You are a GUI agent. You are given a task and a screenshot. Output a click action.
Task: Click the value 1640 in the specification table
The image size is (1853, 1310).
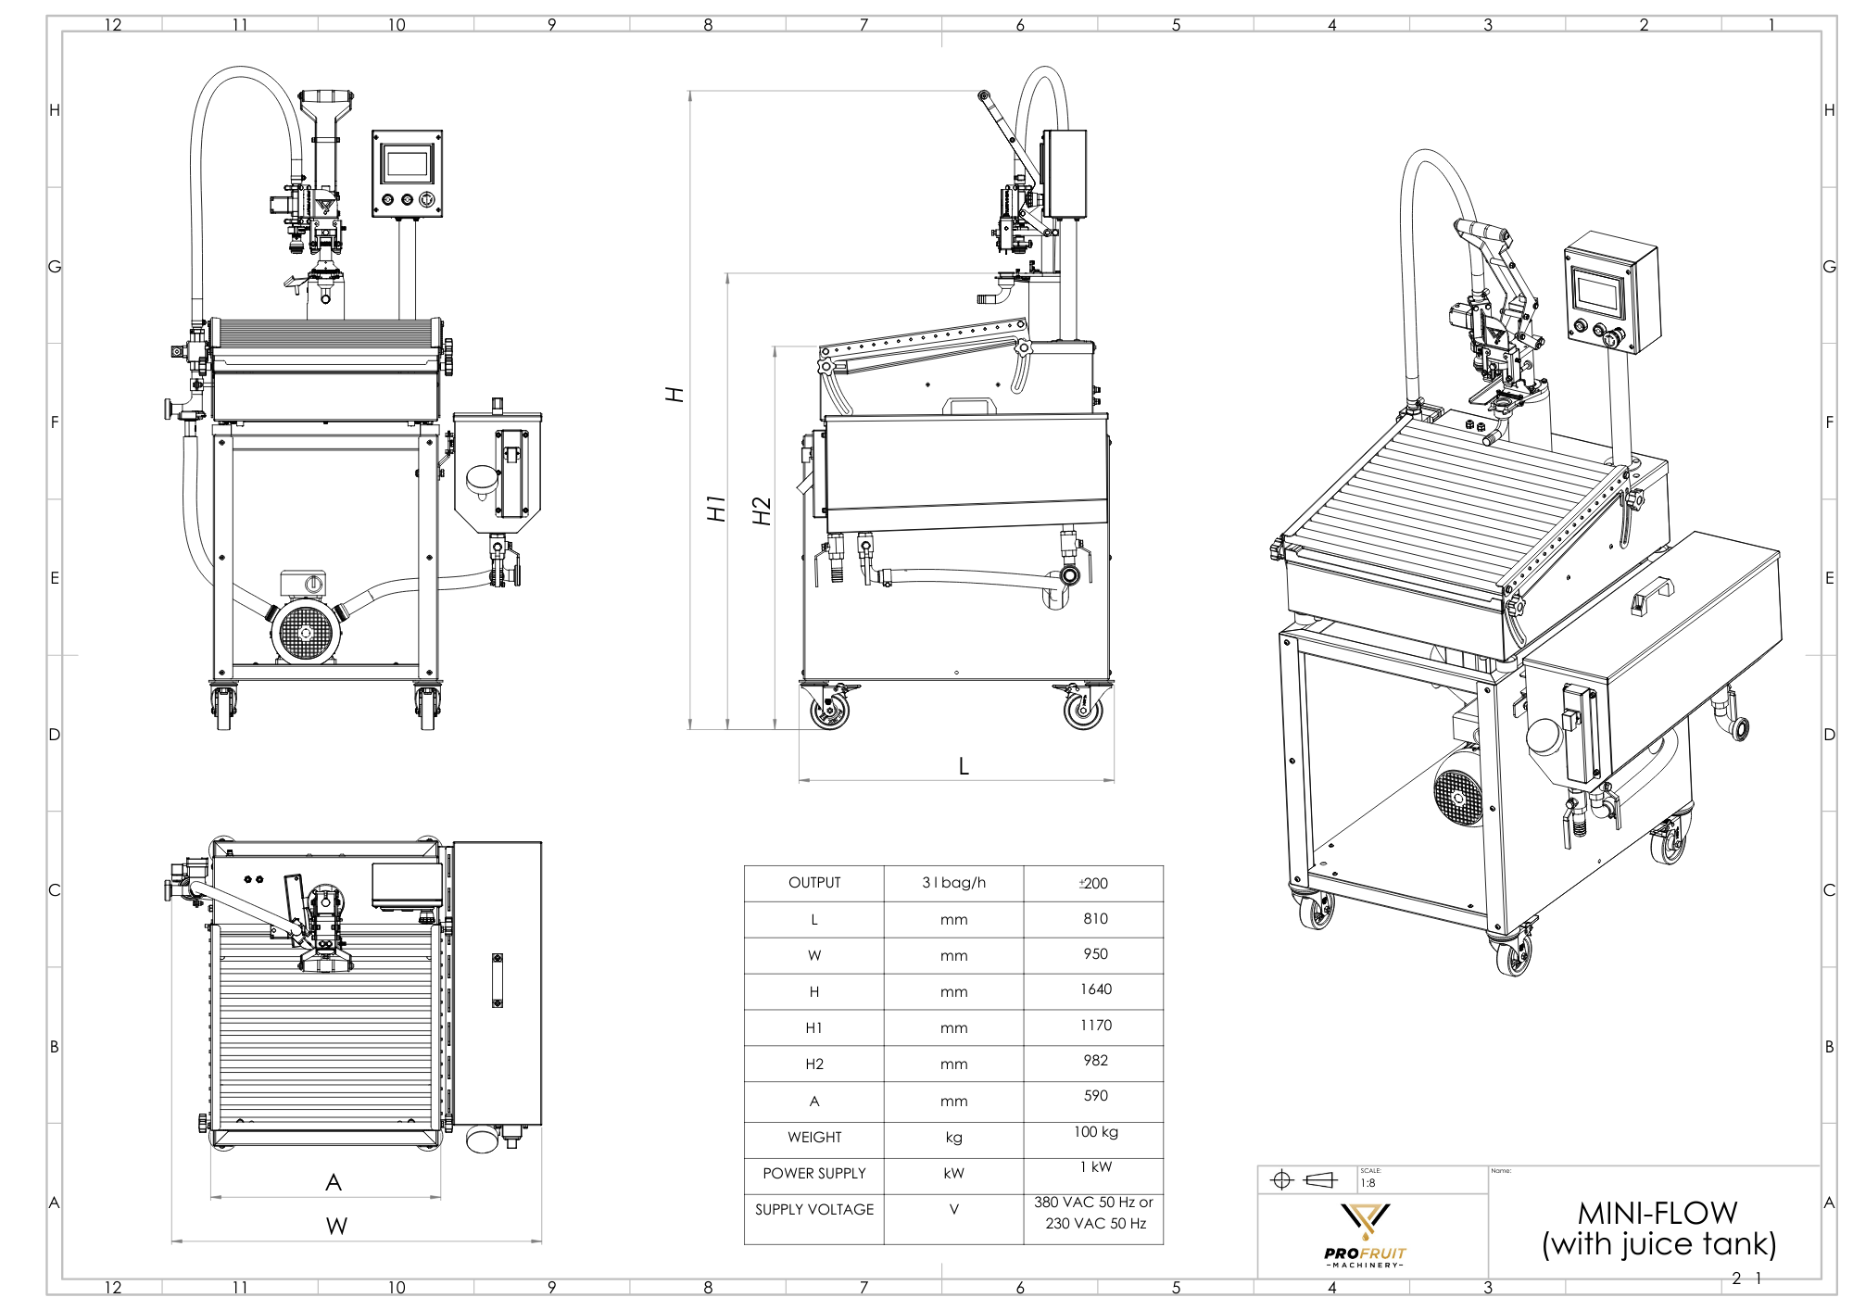[x=1095, y=989]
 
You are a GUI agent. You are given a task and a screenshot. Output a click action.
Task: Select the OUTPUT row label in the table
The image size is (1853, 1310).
[x=814, y=883]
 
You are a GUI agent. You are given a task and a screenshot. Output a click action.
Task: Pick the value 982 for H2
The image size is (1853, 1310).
[x=1095, y=1061]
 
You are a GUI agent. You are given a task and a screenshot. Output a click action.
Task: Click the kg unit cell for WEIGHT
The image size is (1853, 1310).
[x=953, y=1138]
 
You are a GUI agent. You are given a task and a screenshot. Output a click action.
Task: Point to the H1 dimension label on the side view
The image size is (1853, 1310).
[x=716, y=508]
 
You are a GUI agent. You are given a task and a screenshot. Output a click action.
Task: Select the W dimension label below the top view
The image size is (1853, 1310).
[x=336, y=1227]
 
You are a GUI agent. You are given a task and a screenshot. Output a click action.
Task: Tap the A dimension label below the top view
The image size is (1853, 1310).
[x=334, y=1182]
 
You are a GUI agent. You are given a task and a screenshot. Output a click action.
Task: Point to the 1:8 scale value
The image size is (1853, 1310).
[x=1368, y=1183]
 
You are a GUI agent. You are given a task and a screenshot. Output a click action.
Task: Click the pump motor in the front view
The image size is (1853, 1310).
[x=306, y=630]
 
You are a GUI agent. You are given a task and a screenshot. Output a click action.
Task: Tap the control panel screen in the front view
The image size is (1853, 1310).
[x=407, y=165]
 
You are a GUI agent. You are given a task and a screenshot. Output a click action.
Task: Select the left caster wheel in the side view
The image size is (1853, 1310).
[x=829, y=710]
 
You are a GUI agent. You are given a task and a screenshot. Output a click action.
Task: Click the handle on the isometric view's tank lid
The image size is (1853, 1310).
[x=1652, y=595]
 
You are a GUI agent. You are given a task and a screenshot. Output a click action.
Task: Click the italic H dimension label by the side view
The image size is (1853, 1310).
[x=675, y=395]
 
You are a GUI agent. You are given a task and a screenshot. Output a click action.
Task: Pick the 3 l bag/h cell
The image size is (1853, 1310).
[x=953, y=883]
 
